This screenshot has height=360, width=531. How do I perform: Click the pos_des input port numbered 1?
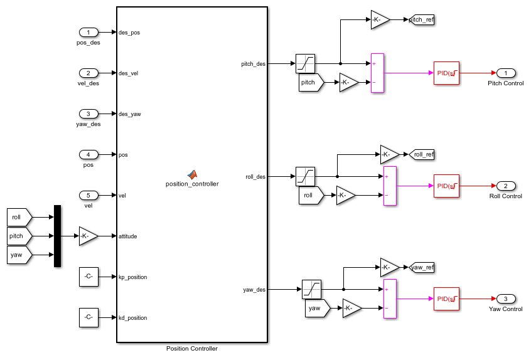pyautogui.click(x=88, y=32)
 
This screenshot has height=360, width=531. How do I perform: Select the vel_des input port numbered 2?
pyautogui.click(x=88, y=73)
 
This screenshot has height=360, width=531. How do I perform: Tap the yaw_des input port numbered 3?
pyautogui.click(x=88, y=114)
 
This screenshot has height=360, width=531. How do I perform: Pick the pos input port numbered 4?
pyautogui.click(x=88, y=154)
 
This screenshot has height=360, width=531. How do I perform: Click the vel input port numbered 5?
pyautogui.click(x=88, y=195)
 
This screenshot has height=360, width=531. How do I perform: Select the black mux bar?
pyautogui.click(x=57, y=236)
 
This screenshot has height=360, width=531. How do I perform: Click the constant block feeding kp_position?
pyautogui.click(x=88, y=277)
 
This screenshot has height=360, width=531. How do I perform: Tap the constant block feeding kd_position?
pyautogui.click(x=88, y=317)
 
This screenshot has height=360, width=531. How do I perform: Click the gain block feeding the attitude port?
pyautogui.click(x=88, y=236)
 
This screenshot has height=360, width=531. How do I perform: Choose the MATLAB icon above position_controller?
pyautogui.click(x=192, y=174)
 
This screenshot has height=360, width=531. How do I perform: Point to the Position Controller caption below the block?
pyautogui.click(x=192, y=349)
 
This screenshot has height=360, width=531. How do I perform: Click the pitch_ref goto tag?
pyautogui.click(x=421, y=19)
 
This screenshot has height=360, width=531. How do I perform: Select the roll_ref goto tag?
pyautogui.click(x=421, y=154)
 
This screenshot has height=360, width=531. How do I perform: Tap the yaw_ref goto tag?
pyautogui.click(x=421, y=267)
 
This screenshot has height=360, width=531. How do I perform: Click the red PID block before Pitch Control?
pyautogui.click(x=446, y=73)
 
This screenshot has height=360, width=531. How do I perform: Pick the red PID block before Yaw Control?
pyautogui.click(x=446, y=299)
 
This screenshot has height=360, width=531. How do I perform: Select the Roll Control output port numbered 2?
pyautogui.click(x=506, y=186)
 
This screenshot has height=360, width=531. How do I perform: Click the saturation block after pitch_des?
pyautogui.click(x=305, y=63)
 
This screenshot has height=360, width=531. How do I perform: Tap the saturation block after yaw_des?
pyautogui.click(x=311, y=289)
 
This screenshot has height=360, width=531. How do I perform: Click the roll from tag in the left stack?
pyautogui.click(x=18, y=217)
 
